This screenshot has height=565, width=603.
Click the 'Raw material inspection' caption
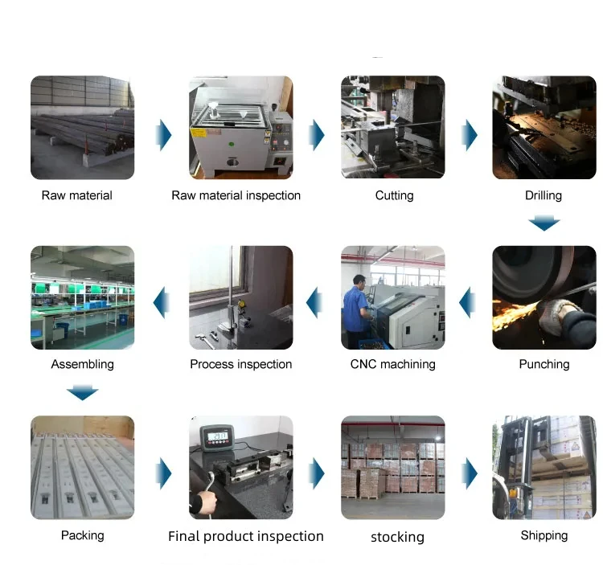pyautogui.click(x=236, y=195)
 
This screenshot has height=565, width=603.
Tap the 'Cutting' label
pyautogui.click(x=394, y=195)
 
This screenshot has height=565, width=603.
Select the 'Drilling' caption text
pyautogui.click(x=544, y=195)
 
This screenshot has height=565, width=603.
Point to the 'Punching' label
pyautogui.click(x=544, y=364)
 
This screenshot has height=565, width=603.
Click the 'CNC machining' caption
pyautogui.click(x=392, y=364)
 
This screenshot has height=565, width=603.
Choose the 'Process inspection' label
pyautogui.click(x=240, y=364)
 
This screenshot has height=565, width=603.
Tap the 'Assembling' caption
pyautogui.click(x=82, y=364)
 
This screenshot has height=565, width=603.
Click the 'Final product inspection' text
pyautogui.click(x=245, y=536)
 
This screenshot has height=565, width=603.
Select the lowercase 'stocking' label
pyautogui.click(x=397, y=537)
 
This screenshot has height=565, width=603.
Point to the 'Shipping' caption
pyautogui.click(x=544, y=535)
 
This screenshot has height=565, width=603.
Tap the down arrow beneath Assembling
pyautogui.click(x=82, y=392)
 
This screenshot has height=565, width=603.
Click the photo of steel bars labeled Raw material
pyautogui.click(x=82, y=127)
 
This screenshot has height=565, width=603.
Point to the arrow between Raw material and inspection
pyautogui.click(x=164, y=133)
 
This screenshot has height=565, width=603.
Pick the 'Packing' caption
pyautogui.click(x=82, y=534)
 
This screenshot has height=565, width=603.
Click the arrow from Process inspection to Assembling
pyautogui.click(x=163, y=302)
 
